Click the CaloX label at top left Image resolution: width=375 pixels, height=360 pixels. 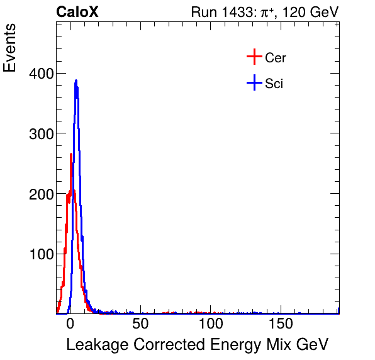pos(77,12)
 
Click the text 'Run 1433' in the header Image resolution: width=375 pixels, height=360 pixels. pos(217,12)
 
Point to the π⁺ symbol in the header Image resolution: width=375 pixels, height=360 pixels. pos(260,12)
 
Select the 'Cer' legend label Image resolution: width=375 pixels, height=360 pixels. pos(276,58)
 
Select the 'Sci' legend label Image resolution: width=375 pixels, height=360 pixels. pos(274,83)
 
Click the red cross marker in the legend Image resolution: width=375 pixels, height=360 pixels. pos(254,58)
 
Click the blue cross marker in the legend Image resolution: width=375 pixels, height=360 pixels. pos(254,83)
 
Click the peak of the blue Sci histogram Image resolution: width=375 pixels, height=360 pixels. pos(76,81)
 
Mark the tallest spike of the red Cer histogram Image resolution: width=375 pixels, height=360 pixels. pos(71,154)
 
